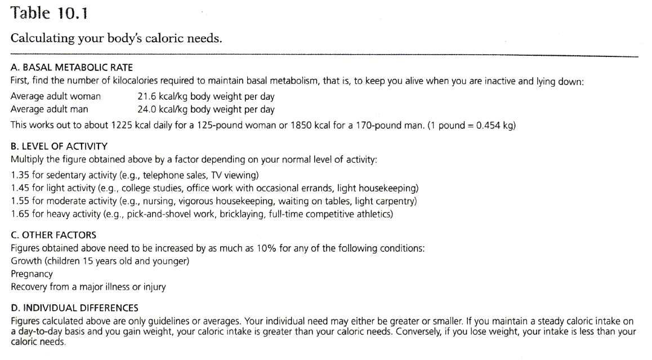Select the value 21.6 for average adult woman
click(146, 96)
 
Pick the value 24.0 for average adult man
click(146, 109)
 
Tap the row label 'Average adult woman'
click(55, 96)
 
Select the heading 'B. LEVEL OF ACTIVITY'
click(59, 146)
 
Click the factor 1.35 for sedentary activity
click(20, 175)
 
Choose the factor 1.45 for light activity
click(20, 188)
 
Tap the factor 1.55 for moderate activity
click(20, 201)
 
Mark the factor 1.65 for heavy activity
click(20, 214)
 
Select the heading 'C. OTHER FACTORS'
click(53, 235)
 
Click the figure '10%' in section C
click(266, 248)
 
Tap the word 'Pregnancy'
click(32, 274)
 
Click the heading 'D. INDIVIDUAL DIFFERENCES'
click(74, 308)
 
